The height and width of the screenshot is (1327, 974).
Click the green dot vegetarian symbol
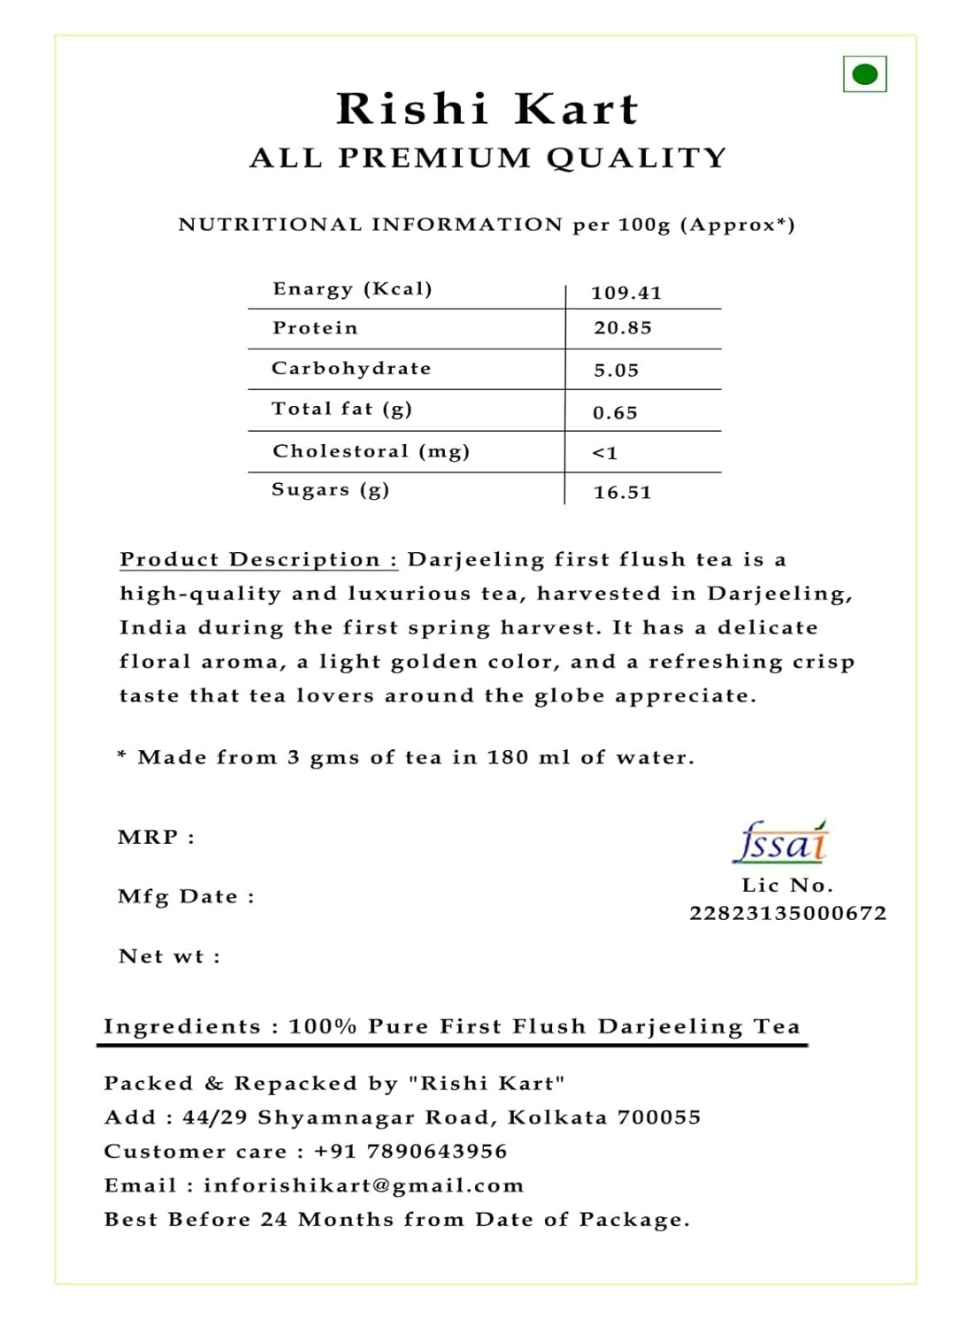click(x=864, y=74)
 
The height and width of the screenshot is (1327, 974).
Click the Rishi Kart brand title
click(x=487, y=110)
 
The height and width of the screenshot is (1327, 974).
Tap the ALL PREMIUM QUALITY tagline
click(x=487, y=158)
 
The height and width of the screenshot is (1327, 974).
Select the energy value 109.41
click(x=626, y=293)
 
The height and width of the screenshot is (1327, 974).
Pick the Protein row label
click(x=315, y=328)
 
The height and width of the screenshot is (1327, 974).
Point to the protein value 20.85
click(x=623, y=328)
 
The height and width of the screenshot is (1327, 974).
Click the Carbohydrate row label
click(x=351, y=368)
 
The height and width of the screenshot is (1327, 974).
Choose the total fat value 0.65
click(x=615, y=413)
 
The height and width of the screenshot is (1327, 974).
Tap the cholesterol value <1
click(x=605, y=453)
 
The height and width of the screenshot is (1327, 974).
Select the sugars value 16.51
click(x=623, y=493)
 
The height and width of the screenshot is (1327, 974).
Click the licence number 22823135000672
click(x=788, y=913)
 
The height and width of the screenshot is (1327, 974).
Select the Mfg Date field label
click(x=186, y=896)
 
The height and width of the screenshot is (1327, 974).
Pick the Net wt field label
click(x=169, y=956)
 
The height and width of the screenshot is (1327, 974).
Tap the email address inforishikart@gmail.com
click(x=364, y=1185)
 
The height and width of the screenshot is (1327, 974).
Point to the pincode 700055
click(x=659, y=1117)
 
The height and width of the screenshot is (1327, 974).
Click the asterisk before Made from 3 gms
click(x=122, y=756)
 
